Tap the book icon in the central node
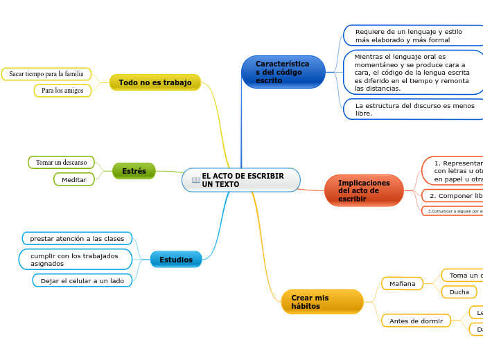point(196,181)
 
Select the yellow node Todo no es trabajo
point(155,82)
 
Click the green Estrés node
point(134,171)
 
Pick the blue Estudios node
point(176,260)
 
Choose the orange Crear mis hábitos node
point(322,302)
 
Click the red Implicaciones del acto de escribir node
point(363,190)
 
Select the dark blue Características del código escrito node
point(283,72)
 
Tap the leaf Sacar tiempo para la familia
point(46,73)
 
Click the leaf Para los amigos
point(62,91)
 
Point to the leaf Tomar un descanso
point(61,162)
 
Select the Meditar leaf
point(73,179)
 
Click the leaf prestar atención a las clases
point(77,238)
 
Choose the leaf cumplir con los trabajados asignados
point(74,260)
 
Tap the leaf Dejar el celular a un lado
point(82,280)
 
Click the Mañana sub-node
point(402,284)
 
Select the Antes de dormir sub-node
point(416,321)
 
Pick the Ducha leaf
point(459,292)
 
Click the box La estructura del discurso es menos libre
point(414,109)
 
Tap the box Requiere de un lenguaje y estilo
point(414,36)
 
